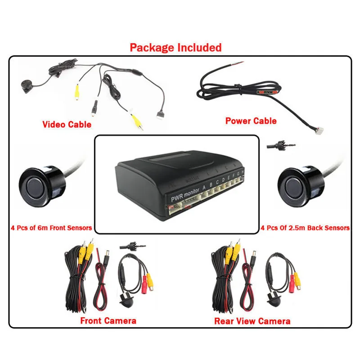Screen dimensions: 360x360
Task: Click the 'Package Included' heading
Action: [175, 47]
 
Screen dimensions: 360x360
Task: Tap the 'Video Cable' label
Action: [67, 124]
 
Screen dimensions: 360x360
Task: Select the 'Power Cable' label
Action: [251, 121]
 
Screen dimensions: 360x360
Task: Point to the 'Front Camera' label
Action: [108, 320]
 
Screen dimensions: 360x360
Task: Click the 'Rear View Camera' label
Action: [252, 321]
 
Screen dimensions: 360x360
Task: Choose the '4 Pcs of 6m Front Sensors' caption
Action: [51, 228]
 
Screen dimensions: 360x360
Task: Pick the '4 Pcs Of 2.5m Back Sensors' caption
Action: [305, 228]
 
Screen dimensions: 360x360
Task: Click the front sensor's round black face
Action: [37, 184]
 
